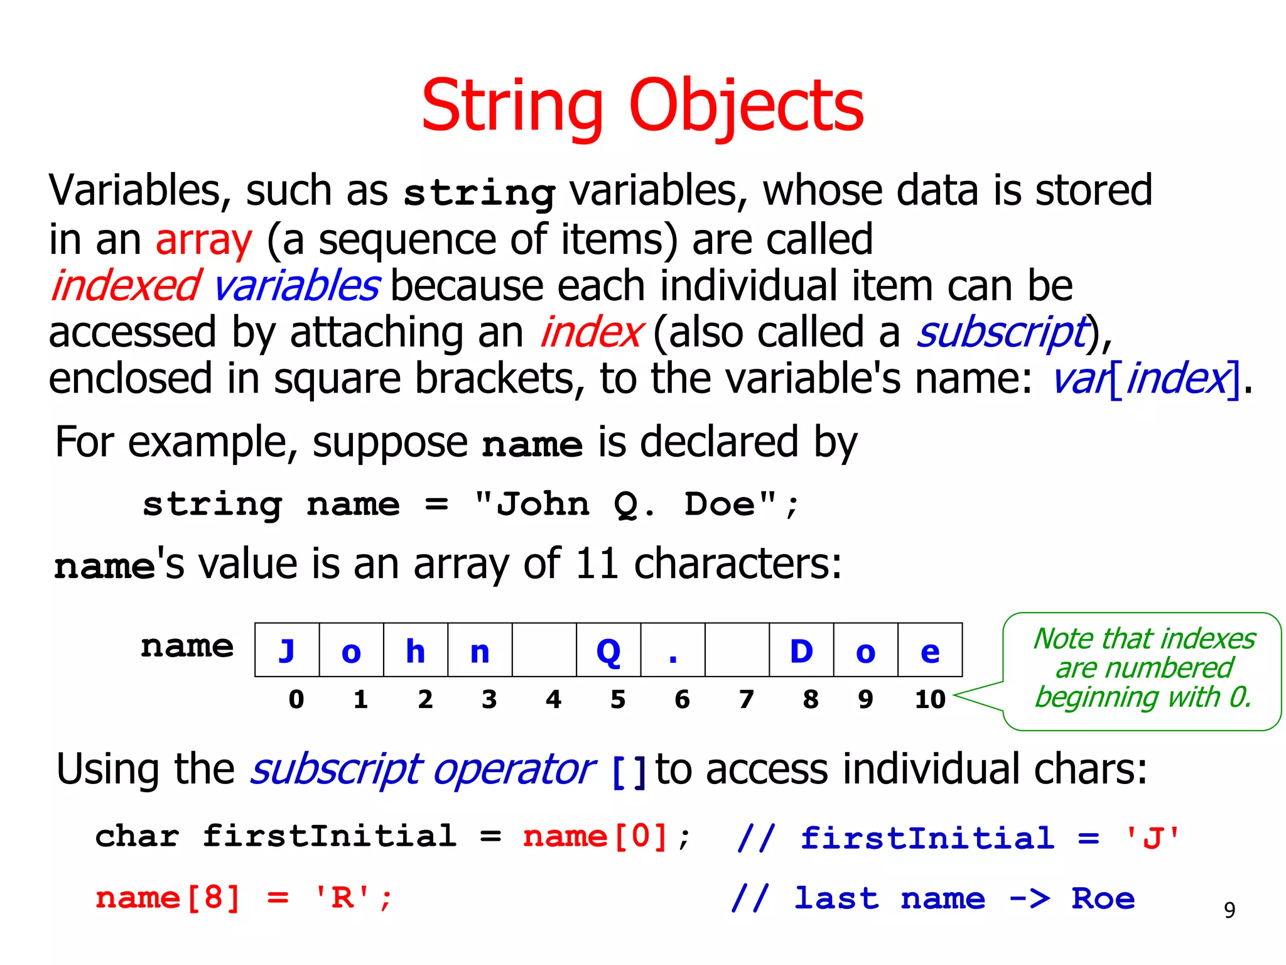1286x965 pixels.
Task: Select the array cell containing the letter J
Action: click(287, 650)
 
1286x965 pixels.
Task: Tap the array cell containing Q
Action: click(608, 650)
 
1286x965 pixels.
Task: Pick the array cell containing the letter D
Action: click(801, 650)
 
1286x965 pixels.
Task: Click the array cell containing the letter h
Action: click(416, 650)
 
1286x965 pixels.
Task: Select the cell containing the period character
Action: click(673, 650)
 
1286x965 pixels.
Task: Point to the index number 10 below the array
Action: click(930, 699)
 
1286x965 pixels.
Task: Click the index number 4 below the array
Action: click(553, 699)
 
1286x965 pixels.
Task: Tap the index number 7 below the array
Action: click(746, 699)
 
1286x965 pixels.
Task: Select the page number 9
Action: click(1229, 910)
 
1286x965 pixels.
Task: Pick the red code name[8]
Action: click(168, 898)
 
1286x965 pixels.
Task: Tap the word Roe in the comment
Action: click(1103, 898)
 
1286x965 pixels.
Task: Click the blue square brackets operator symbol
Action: click(629, 771)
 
